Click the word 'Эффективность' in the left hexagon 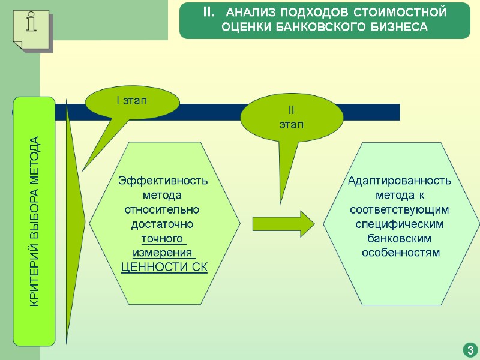coord(164,181)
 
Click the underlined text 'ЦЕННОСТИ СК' coord(164,267)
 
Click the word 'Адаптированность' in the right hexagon coord(400,181)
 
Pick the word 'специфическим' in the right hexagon coord(400,224)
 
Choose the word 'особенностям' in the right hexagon coord(400,253)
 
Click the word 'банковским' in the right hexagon coord(400,238)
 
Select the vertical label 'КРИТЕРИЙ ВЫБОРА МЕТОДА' coord(35,222)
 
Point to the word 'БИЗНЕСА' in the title coord(398,27)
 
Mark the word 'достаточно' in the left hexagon coord(164,224)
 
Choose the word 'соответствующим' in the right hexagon coord(400,209)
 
